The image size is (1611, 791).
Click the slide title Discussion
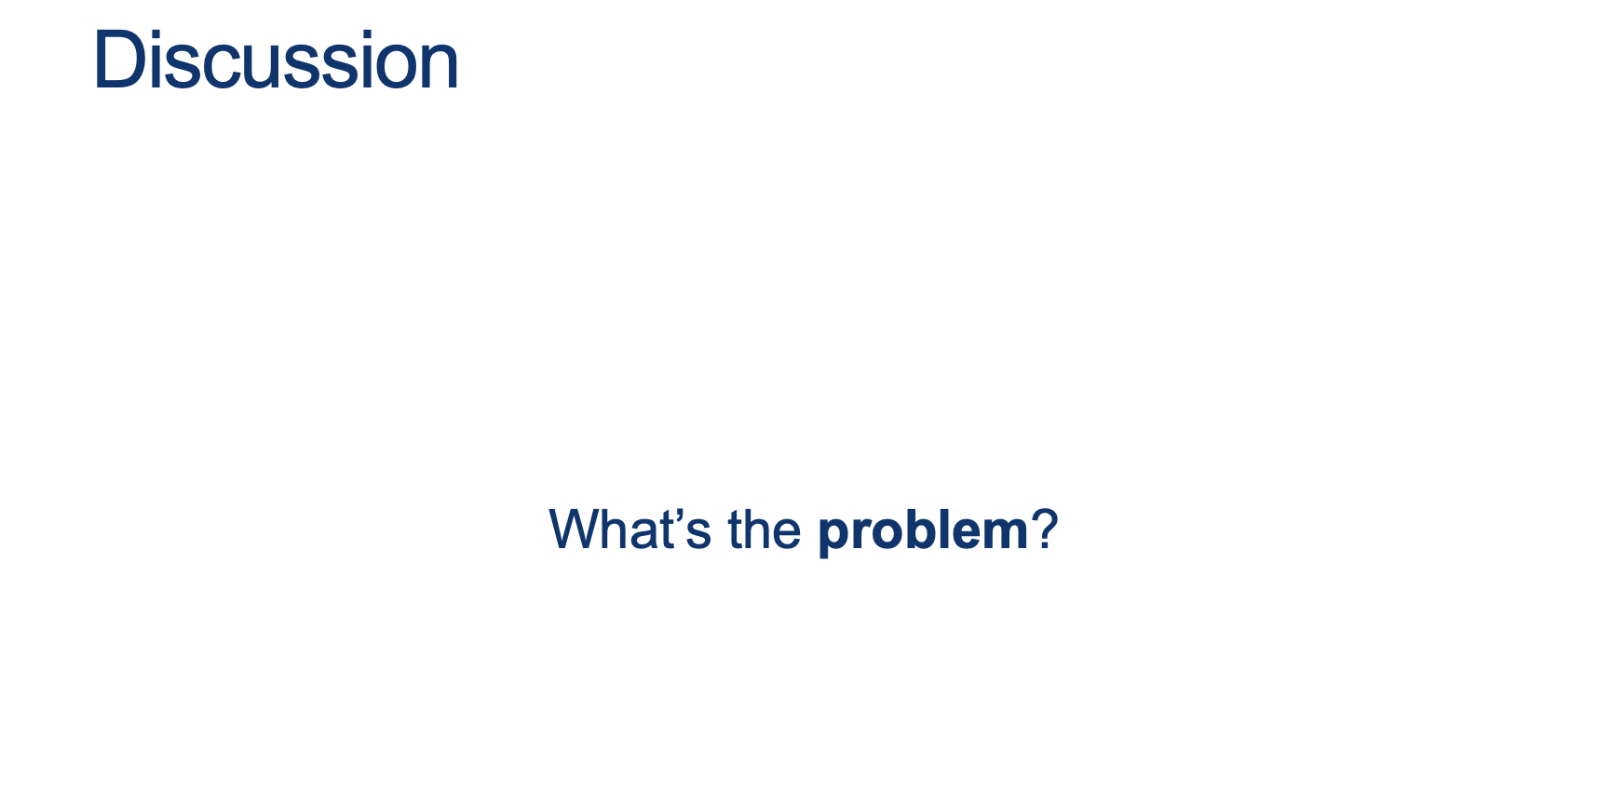pyautogui.click(x=276, y=60)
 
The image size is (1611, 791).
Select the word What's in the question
pyautogui.click(x=630, y=530)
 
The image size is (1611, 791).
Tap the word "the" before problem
pyautogui.click(x=765, y=530)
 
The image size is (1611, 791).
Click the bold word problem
pyautogui.click(x=923, y=531)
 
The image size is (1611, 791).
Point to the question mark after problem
pyautogui.click(x=1045, y=530)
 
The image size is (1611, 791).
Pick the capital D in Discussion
pyautogui.click(x=119, y=60)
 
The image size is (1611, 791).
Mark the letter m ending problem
pyautogui.click(x=1003, y=535)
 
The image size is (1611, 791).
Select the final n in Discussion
pyautogui.click(x=441, y=68)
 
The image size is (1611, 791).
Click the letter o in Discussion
pyautogui.click(x=401, y=69)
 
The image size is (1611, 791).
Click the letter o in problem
pyautogui.click(x=877, y=535)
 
